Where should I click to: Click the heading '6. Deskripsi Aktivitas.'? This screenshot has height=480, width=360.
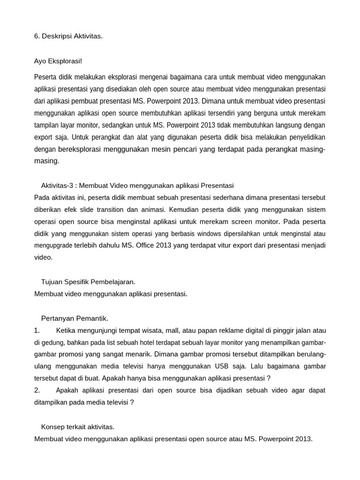tap(68, 36)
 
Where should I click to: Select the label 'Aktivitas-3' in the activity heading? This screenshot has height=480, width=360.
tap(58, 185)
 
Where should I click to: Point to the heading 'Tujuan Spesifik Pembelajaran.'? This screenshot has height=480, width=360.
tap(88, 282)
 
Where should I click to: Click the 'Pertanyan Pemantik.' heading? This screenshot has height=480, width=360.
tap(75, 318)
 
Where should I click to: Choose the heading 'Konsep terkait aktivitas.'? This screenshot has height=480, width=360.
tap(78, 427)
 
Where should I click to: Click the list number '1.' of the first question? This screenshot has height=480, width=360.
tap(37, 330)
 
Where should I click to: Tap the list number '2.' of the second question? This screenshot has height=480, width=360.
tap(37, 390)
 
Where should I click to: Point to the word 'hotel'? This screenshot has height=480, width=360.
tap(172, 342)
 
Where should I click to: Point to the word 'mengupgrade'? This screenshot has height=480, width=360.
tap(53, 245)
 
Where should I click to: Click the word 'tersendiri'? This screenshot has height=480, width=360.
tap(218, 113)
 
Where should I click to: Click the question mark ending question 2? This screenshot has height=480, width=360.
tap(132, 402)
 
